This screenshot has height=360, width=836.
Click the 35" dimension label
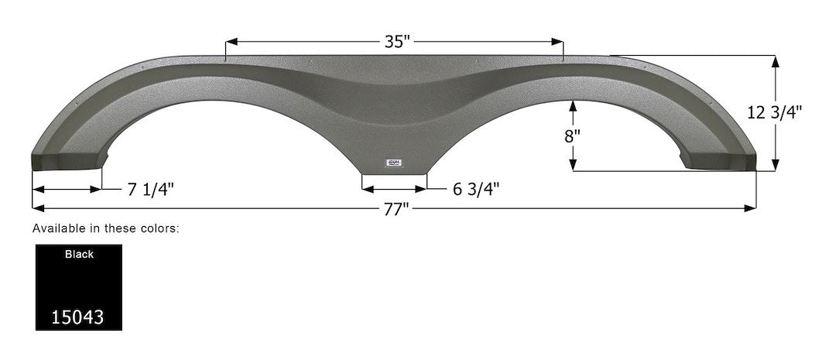coord(396,42)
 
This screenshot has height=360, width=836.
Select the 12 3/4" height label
coord(775,112)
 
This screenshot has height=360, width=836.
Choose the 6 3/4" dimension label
coord(475,189)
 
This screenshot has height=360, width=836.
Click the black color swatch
coord(78,287)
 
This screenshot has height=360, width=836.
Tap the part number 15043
coord(78,317)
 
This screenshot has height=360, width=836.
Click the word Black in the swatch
coord(78,254)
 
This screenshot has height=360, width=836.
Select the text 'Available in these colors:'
coord(106,228)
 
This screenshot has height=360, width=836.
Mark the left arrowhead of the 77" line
coord(36,208)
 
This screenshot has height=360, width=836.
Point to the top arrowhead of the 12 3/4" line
coord(775,60)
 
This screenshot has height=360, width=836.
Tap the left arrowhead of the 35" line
coord(229,42)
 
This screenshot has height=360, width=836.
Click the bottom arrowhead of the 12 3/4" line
coord(775,165)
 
